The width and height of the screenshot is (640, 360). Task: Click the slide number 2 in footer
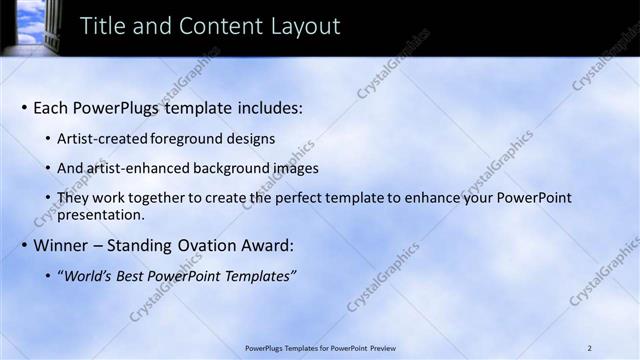pyautogui.click(x=590, y=347)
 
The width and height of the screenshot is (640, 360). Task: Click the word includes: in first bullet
pyautogui.click(x=267, y=108)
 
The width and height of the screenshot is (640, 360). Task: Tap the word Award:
pyautogui.click(x=267, y=246)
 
